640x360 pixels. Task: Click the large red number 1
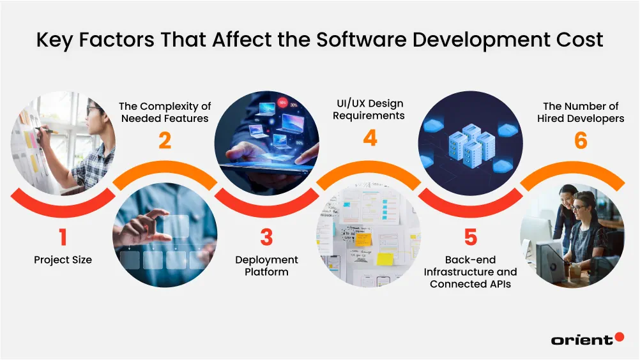pos(63,237)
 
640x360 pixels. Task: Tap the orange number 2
pos(165,140)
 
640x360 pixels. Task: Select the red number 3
pos(266,237)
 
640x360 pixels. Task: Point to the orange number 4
pos(370,137)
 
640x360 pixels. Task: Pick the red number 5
pos(470,237)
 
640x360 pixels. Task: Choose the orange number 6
pos(580,140)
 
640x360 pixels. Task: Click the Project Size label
pos(63,260)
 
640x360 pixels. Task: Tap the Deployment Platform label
pos(266,266)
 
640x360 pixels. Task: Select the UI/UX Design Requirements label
pos(370,109)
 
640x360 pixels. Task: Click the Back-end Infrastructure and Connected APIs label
pos(470,272)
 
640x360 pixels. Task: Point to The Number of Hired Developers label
pos(580,112)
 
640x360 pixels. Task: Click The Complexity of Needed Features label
pos(165,112)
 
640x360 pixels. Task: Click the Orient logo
pos(587,339)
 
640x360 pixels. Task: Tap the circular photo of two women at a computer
pos(572,236)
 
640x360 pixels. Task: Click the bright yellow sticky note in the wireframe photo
pos(385,259)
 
